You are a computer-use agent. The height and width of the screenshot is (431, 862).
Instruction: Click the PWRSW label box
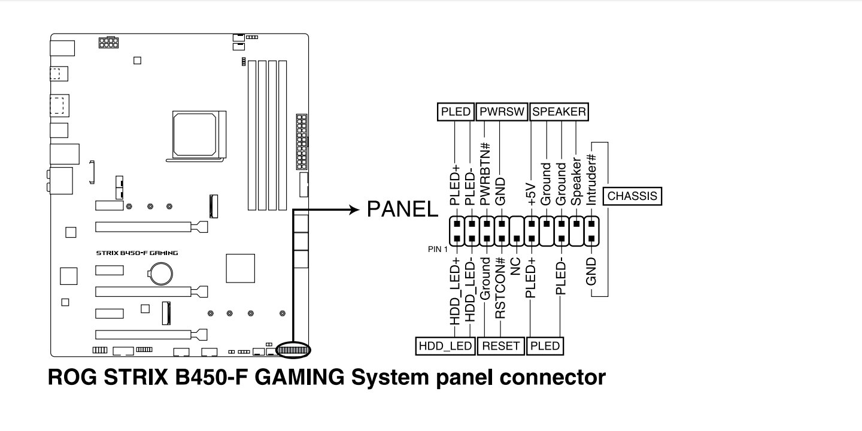(502, 111)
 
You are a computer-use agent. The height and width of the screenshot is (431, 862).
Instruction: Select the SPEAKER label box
(559, 111)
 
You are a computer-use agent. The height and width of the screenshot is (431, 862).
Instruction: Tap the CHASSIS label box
(632, 196)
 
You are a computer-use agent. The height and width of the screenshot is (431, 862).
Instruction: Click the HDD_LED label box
(445, 346)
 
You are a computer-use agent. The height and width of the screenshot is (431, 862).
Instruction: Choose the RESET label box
(500, 346)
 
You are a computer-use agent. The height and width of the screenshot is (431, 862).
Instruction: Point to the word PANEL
(402, 210)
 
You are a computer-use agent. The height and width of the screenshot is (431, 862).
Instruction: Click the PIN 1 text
(438, 250)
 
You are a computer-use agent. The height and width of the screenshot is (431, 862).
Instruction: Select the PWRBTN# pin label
(485, 174)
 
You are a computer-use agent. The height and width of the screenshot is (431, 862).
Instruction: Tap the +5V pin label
(530, 195)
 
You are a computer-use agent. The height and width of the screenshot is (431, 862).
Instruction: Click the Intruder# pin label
(591, 180)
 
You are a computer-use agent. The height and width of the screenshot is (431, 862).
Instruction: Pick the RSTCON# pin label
(500, 289)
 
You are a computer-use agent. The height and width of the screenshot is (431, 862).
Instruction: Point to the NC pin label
(515, 266)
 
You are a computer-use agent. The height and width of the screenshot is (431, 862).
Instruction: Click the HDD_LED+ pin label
(455, 292)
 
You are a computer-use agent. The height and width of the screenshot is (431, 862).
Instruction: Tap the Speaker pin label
(576, 181)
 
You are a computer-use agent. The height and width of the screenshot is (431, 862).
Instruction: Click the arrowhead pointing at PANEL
(354, 210)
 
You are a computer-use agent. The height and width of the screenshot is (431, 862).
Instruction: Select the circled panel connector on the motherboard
(293, 350)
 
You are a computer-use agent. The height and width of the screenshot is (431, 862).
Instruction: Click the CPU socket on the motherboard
(199, 135)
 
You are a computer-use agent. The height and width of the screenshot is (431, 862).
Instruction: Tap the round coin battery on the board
(161, 273)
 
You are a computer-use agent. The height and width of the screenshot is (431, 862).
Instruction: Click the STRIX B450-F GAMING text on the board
(137, 253)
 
